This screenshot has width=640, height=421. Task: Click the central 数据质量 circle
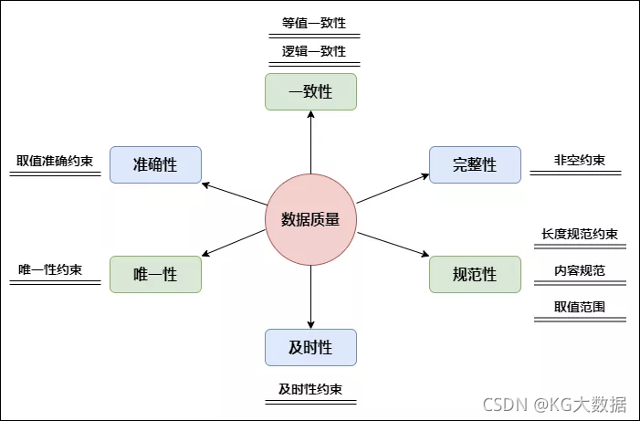point(310,219)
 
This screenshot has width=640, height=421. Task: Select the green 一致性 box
point(310,92)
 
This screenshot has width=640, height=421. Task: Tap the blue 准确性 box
point(155,164)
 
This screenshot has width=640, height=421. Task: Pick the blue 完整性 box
point(475,164)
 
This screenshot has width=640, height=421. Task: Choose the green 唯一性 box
point(155,274)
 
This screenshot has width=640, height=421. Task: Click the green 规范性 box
point(475,274)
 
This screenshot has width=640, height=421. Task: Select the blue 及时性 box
point(310,347)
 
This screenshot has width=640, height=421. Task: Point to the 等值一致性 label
point(313,24)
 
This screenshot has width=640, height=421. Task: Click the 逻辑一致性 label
point(313,51)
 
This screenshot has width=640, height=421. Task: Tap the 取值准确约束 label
point(55,161)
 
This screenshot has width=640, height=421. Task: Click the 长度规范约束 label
point(579,234)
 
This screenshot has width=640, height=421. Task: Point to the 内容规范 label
point(579,270)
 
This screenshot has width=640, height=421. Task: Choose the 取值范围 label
point(579,307)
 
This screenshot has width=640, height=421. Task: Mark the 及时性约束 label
point(310,389)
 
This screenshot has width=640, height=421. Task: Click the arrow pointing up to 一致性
point(310,142)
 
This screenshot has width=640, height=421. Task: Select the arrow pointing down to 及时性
point(310,297)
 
